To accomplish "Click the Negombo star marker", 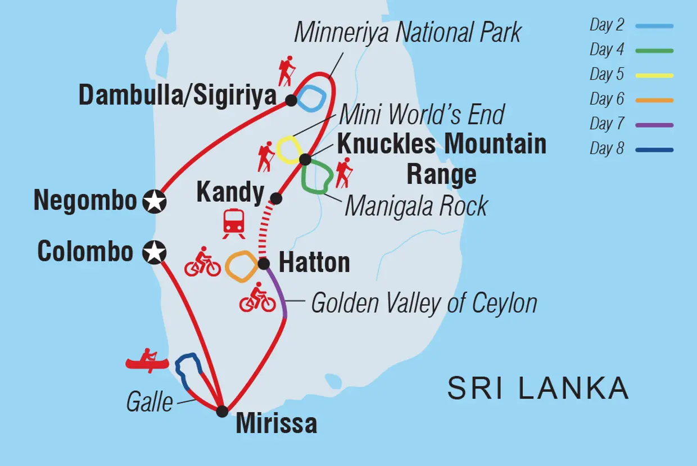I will (x=155, y=201).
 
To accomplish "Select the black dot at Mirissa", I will (x=223, y=411).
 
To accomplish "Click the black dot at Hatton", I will (x=264, y=263).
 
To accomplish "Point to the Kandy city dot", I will (x=276, y=198).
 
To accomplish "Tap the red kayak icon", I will (x=147, y=360).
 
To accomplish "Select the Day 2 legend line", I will (x=654, y=26).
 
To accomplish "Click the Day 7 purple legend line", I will (x=654, y=125).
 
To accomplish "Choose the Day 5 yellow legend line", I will (x=654, y=75).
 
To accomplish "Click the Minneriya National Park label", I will (x=408, y=33).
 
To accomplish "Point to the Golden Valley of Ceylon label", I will (x=424, y=304).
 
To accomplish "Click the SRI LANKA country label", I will (x=538, y=388).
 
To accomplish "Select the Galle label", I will (x=150, y=402).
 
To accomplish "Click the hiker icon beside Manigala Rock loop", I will (x=343, y=173).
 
